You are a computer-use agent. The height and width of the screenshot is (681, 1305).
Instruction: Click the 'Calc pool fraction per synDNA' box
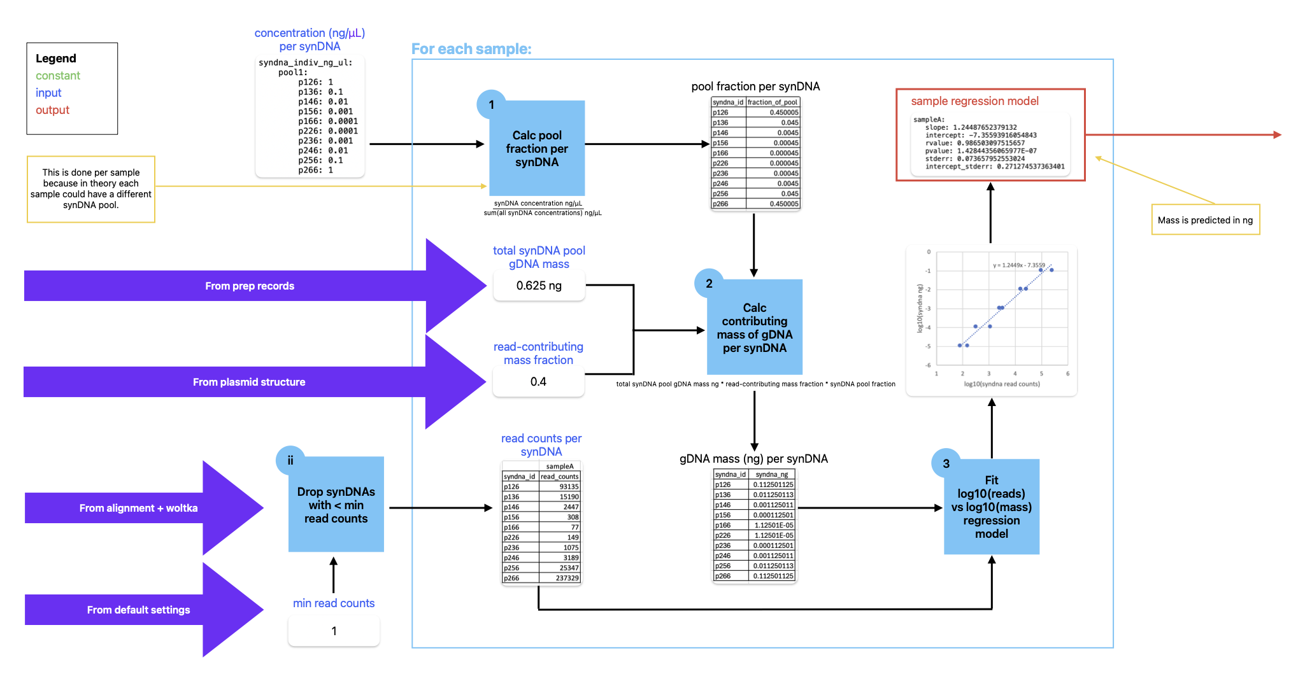click(x=536, y=148)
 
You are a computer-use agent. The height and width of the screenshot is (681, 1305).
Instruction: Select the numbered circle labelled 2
click(x=709, y=284)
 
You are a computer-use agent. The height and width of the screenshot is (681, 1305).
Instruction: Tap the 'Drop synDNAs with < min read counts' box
click(x=336, y=505)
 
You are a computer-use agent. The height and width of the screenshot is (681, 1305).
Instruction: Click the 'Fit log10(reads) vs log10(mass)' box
click(x=991, y=507)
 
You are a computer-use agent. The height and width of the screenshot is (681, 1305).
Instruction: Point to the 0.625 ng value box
click(x=539, y=286)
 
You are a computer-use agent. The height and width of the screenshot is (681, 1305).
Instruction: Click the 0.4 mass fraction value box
click(x=538, y=382)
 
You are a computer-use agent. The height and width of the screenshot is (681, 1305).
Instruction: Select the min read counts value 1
click(x=334, y=631)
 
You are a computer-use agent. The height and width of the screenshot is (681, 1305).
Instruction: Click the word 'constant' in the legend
click(x=58, y=76)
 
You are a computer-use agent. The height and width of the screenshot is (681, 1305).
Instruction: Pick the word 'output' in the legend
click(x=52, y=110)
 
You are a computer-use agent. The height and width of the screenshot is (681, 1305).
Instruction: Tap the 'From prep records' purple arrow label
click(x=250, y=286)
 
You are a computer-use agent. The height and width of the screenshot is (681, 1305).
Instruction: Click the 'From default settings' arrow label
click(x=138, y=610)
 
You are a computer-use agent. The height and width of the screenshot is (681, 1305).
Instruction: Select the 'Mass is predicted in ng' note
click(x=1205, y=220)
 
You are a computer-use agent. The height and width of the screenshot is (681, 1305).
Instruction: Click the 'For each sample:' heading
click(x=471, y=49)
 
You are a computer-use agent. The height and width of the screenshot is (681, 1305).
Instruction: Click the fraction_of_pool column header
click(x=772, y=102)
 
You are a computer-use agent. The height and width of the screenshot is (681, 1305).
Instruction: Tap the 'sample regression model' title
click(x=974, y=101)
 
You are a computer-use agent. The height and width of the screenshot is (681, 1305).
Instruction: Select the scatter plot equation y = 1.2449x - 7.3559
click(x=1018, y=265)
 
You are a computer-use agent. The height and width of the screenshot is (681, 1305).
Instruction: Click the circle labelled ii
click(x=290, y=460)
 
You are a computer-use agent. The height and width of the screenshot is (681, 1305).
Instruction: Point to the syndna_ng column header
click(x=771, y=474)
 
